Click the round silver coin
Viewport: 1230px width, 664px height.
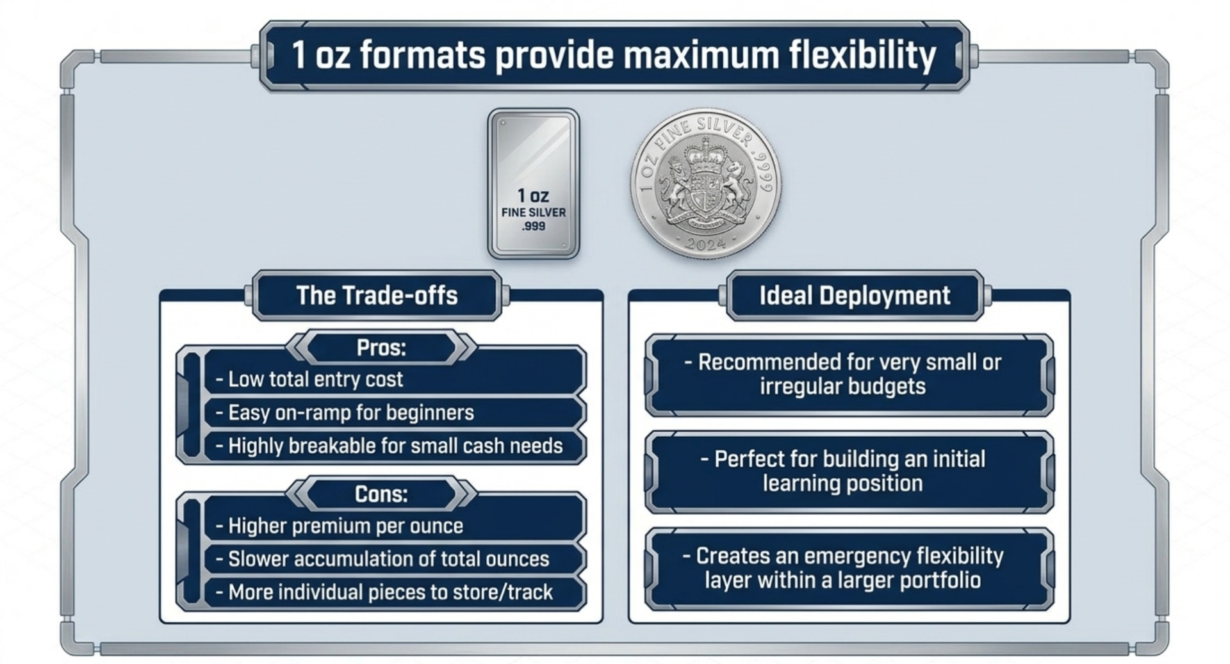705,184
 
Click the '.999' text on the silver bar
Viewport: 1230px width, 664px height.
533,227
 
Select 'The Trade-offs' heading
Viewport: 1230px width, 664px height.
377,296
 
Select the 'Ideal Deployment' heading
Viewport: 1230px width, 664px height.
855,296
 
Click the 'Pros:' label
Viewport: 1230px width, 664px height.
381,348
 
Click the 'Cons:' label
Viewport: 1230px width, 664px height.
381,494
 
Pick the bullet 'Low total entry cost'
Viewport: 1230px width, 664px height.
315,379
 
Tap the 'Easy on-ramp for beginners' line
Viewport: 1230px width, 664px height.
350,413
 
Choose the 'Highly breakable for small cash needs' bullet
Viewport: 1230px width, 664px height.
395,446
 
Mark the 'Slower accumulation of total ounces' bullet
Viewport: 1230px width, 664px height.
388,559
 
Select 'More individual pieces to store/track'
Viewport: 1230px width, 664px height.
389,592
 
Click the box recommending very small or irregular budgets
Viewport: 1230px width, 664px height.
849,375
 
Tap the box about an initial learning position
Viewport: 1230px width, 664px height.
849,471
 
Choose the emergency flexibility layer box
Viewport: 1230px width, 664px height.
849,568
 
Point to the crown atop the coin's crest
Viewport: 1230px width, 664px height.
705,151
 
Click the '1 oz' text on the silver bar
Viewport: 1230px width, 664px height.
533,196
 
